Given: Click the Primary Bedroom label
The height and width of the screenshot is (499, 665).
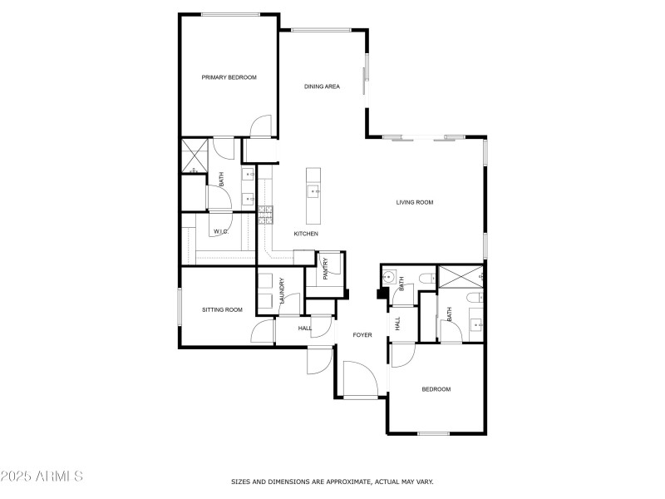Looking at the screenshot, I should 229,77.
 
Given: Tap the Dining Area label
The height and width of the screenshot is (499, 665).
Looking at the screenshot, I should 322,86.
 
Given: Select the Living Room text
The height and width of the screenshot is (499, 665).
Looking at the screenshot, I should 414,202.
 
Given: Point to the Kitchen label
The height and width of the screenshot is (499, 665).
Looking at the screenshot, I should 306,234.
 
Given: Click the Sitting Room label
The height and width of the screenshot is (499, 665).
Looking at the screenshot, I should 222,309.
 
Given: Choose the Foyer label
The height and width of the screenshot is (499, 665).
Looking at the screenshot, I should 362,335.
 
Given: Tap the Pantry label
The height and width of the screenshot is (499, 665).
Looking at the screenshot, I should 326,268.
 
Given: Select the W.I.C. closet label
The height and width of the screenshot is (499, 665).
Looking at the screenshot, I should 220,231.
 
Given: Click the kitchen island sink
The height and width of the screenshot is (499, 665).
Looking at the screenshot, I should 313,191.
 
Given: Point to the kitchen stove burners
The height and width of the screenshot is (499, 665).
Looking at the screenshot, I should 265,215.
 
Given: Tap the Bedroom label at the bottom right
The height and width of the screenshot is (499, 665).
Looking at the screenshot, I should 436,389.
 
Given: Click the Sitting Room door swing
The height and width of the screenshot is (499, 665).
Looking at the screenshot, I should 263,332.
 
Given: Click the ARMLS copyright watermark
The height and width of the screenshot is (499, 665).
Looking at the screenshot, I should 42,477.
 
